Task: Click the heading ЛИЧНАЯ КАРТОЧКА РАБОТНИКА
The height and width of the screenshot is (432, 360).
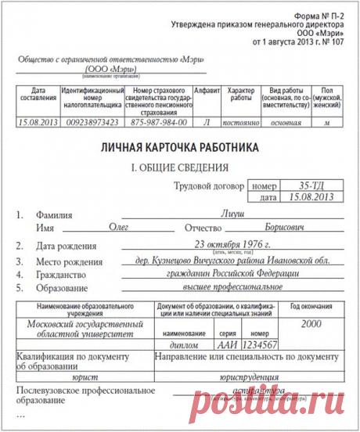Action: pos(180,148)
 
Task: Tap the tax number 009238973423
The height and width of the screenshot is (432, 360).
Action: pos(88,124)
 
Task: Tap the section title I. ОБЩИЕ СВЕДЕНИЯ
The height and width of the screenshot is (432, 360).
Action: pos(178,167)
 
